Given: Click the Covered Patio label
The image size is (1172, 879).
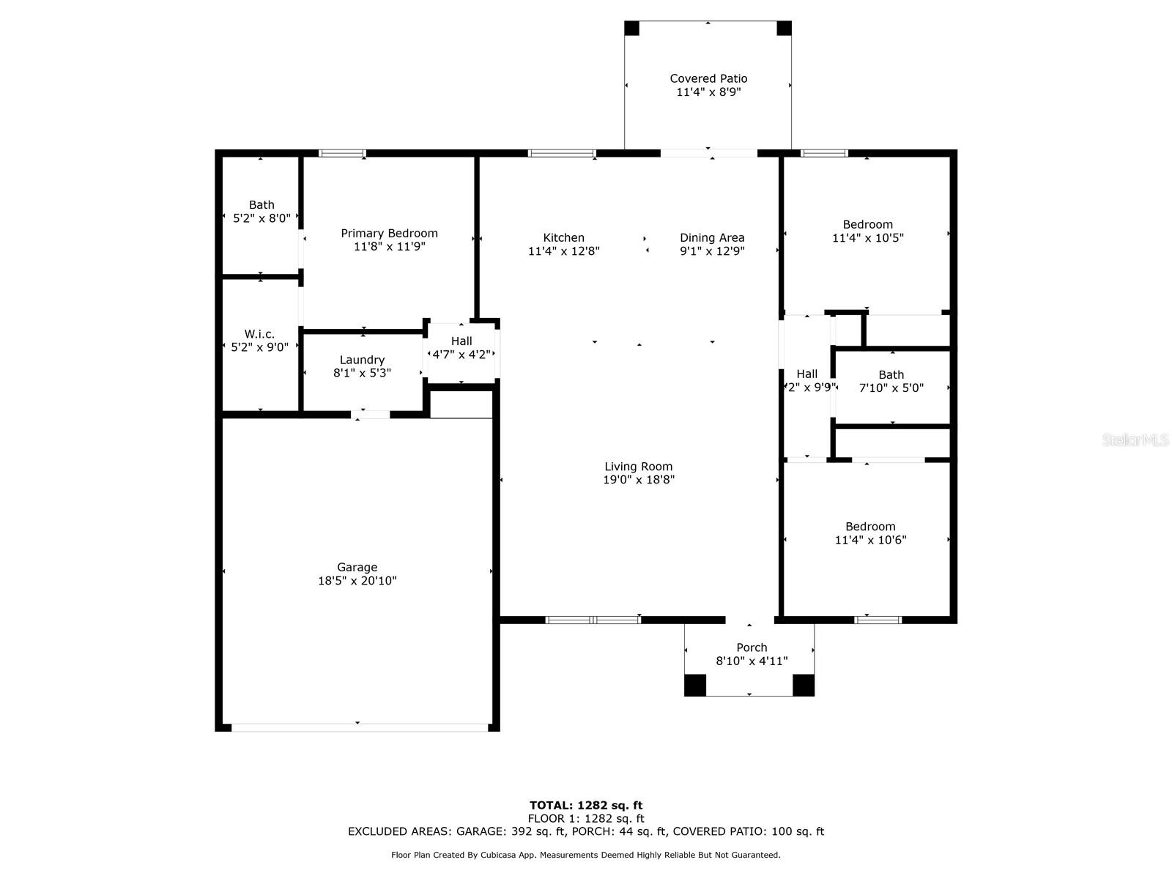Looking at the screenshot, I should tap(708, 78).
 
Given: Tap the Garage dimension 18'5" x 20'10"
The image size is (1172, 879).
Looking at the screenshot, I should tap(357, 581).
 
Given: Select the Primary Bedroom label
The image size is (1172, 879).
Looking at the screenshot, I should tap(389, 233).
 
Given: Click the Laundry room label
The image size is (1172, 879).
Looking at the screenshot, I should tap(362, 360).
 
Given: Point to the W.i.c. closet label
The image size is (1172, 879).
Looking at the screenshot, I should tap(259, 334).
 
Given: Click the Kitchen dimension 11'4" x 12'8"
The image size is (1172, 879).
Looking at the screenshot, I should tap(563, 251).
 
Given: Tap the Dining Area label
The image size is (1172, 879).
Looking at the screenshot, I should tap(712, 237).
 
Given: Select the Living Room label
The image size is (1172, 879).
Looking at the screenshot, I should tap(638, 467).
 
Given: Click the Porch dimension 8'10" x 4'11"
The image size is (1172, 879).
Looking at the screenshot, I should tap(752, 661).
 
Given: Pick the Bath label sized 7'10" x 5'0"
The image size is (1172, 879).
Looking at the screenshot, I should tap(891, 374).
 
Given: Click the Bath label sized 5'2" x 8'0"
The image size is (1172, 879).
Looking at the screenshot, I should tap(262, 205).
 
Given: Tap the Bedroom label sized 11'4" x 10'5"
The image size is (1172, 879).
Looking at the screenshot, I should tap(867, 225).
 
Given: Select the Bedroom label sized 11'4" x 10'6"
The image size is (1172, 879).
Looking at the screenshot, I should tap(870, 527).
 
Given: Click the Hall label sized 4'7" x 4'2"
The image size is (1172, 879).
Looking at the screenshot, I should tap(461, 341).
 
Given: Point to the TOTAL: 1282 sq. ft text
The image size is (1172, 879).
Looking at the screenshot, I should tap(586, 806).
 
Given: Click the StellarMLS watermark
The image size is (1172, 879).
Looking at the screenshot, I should tap(1135, 440).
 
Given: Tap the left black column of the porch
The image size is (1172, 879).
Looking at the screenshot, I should tap(694, 685).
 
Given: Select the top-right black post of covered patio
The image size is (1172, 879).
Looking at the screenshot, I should tap(784, 29).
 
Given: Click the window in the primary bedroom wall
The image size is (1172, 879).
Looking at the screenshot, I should tap(342, 154).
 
